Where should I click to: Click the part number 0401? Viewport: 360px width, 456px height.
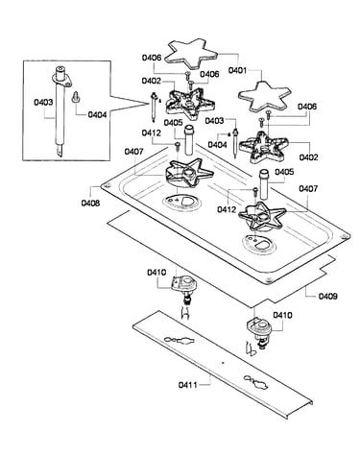pyautogui.click(x=237, y=70)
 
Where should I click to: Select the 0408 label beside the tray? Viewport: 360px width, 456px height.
pyautogui.click(x=90, y=203)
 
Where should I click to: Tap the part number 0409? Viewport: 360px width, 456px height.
pyautogui.click(x=327, y=297)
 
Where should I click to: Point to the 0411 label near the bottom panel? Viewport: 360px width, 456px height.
pyautogui.click(x=188, y=384)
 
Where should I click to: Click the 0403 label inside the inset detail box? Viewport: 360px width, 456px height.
pyautogui.click(x=43, y=102)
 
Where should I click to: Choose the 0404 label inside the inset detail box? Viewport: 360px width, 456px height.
pyautogui.click(x=97, y=114)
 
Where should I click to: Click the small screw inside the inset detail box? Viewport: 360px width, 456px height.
pyautogui.click(x=76, y=97)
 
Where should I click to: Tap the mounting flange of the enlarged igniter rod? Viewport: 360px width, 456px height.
pyautogui.click(x=61, y=79)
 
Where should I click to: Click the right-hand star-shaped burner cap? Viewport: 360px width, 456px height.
pyautogui.click(x=265, y=96)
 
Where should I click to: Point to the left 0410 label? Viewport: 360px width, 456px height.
pyautogui.click(x=156, y=273)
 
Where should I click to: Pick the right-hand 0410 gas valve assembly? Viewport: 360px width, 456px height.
pyautogui.click(x=258, y=333)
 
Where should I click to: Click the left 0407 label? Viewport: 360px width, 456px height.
pyautogui.click(x=134, y=151)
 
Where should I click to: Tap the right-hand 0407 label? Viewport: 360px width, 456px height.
pyautogui.click(x=308, y=189)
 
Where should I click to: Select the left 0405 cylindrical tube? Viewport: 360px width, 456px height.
pyautogui.click(x=188, y=140)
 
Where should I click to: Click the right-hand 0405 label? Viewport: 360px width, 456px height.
pyautogui.click(x=284, y=172)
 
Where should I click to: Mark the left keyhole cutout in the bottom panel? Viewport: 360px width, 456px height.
pyautogui.click(x=180, y=340)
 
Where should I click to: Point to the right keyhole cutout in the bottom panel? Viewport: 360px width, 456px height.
pyautogui.click(x=256, y=382)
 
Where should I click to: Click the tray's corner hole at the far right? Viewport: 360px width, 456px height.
pyautogui.click(x=344, y=236)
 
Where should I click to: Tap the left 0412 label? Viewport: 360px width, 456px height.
pyautogui.click(x=152, y=132)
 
